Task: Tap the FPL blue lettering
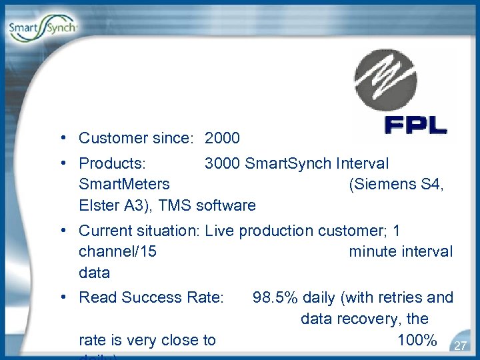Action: pyautogui.click(x=415, y=126)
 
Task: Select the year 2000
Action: pyautogui.click(x=222, y=139)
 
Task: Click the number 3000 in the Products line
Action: pyautogui.click(x=222, y=164)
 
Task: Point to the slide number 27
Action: pyautogui.click(x=459, y=345)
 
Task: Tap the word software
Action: pyautogui.click(x=227, y=205)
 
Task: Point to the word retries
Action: pyautogui.click(x=399, y=297)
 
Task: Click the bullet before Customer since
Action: pyautogui.click(x=61, y=138)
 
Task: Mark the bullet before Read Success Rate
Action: pyautogui.click(x=61, y=297)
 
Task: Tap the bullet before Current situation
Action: pyautogui.click(x=61, y=231)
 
